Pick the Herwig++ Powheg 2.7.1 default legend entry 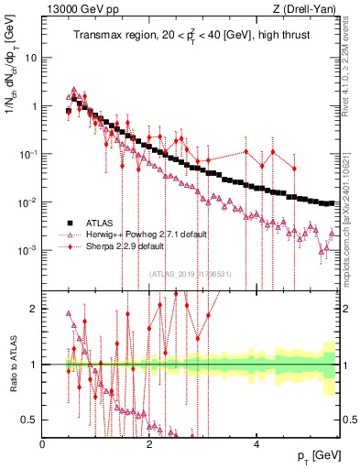click(146, 234)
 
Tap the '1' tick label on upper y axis click(35, 106)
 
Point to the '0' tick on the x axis click(43, 444)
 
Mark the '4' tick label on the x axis click(256, 444)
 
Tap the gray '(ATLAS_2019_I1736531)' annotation click(191, 274)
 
